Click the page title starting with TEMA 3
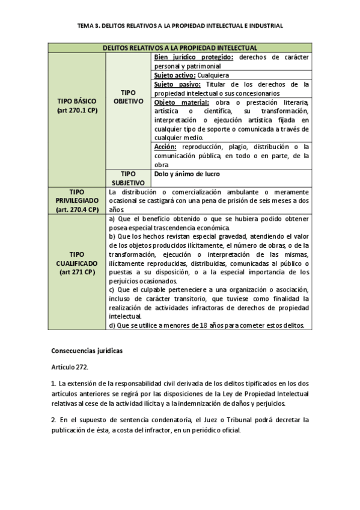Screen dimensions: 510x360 point(180,26)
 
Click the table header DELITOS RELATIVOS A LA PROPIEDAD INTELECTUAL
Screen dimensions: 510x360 point(180,48)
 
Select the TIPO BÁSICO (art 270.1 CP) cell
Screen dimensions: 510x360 point(78,106)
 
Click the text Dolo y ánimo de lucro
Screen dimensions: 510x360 point(186,174)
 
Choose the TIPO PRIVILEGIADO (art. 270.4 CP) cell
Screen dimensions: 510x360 point(78,200)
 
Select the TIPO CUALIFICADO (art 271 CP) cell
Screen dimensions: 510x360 point(78,263)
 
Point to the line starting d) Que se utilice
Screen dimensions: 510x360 point(207,325)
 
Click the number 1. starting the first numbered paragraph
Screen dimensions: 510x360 point(53,382)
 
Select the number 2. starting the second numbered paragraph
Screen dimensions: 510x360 point(53,419)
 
